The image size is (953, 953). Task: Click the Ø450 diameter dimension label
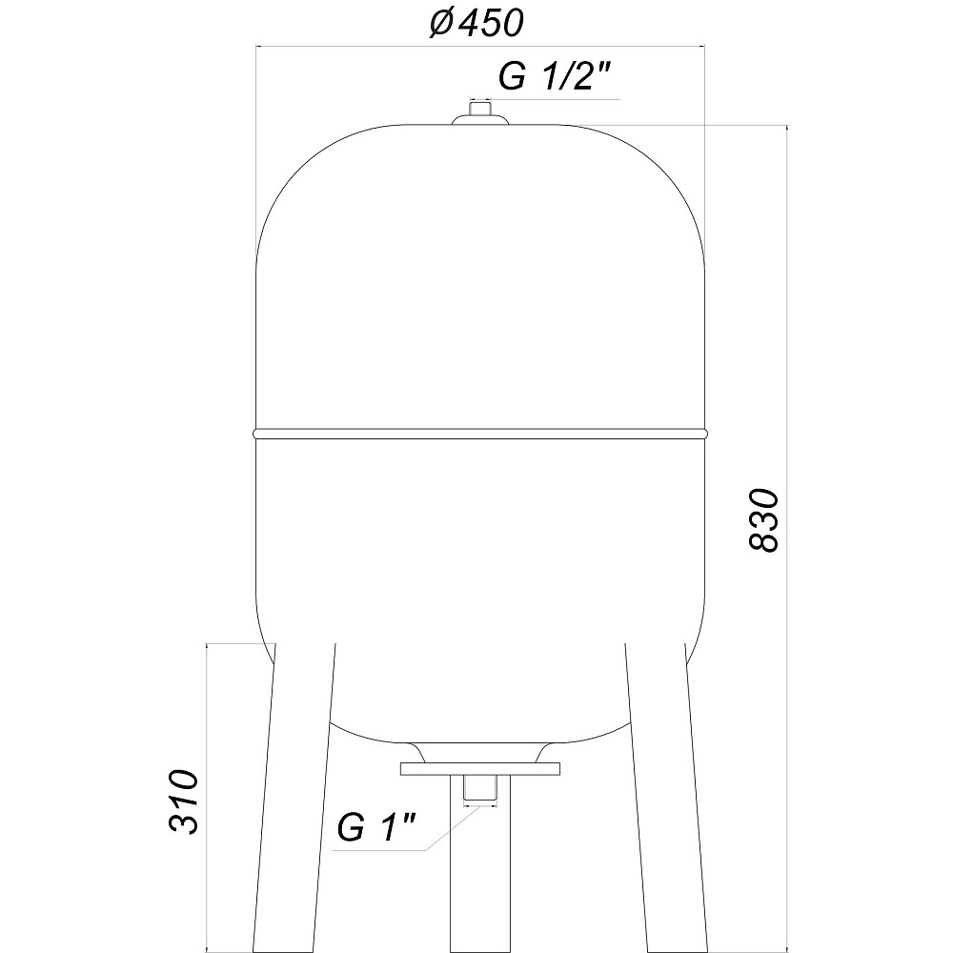coord(476,23)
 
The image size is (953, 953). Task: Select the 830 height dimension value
coord(762,519)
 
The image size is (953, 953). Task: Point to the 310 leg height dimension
coord(184,801)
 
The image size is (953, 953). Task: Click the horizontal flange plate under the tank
coord(480,769)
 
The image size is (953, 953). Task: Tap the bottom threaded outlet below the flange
coord(480,787)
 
